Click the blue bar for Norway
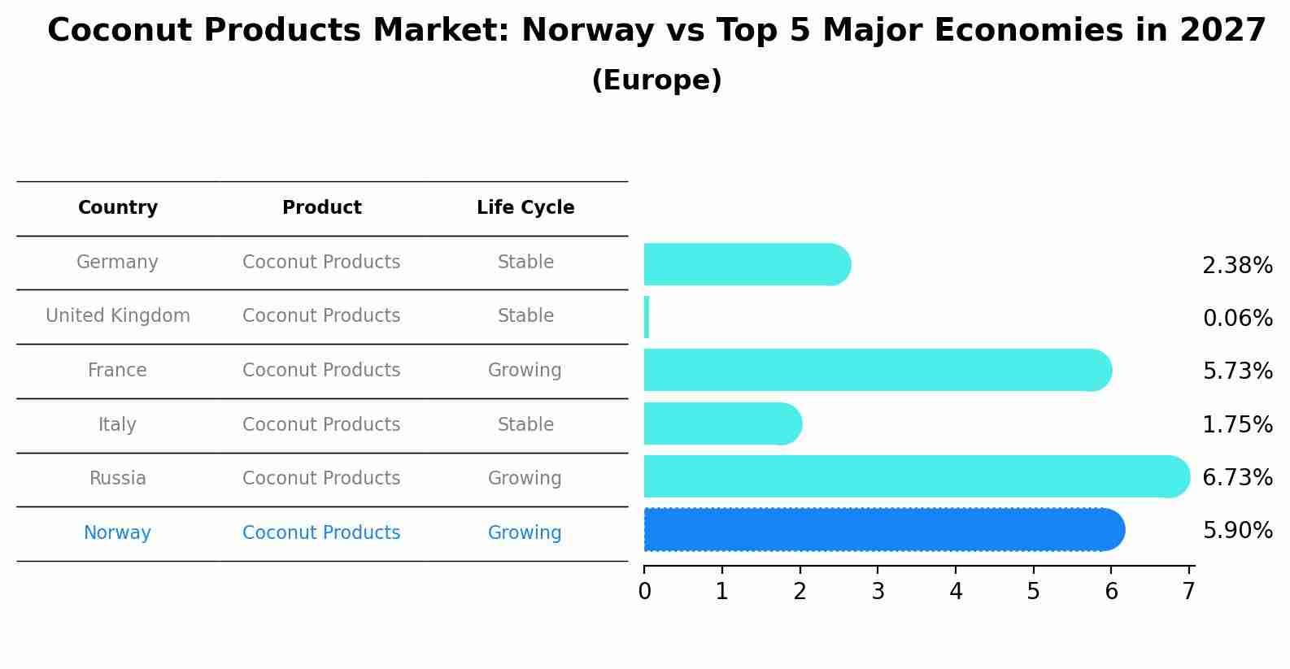[883, 530]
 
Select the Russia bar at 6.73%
[916, 476]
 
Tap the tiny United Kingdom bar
[647, 317]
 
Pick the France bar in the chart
[877, 370]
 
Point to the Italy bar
[722, 424]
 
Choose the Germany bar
[747, 264]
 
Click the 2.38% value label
[1237, 266]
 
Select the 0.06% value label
[1237, 319]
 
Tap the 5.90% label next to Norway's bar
[1237, 531]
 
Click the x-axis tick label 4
[956, 592]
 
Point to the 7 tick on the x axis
[1189, 592]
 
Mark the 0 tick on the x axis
[644, 592]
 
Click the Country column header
[118, 208]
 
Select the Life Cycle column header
[525, 208]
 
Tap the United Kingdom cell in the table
[118, 316]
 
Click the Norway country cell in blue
[118, 533]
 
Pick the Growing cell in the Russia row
[525, 479]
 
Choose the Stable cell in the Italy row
[525, 425]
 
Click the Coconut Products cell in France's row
[321, 371]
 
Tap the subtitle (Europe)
[656, 80]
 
